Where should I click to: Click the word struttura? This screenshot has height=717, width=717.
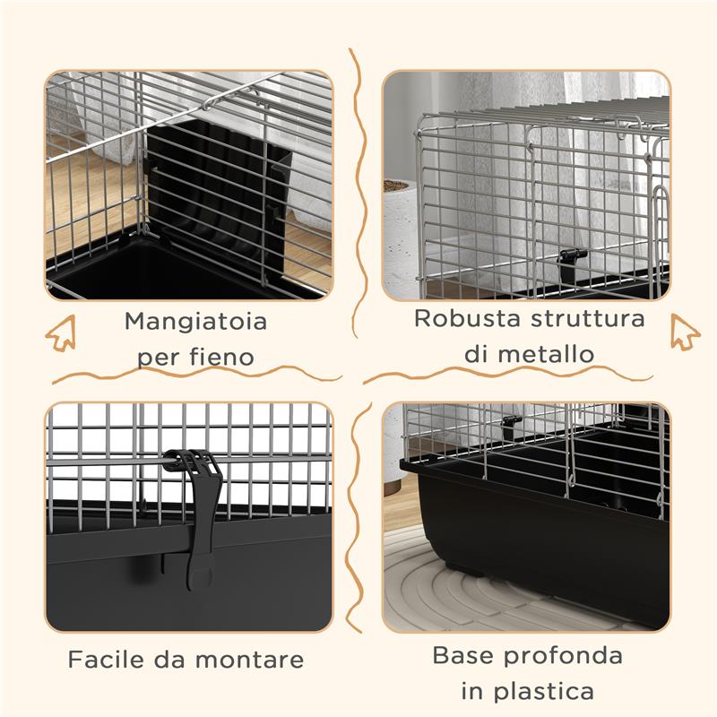click(587, 319)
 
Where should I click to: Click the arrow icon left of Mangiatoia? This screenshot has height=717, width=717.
click(60, 333)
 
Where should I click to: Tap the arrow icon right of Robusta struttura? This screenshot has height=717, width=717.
click(685, 333)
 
